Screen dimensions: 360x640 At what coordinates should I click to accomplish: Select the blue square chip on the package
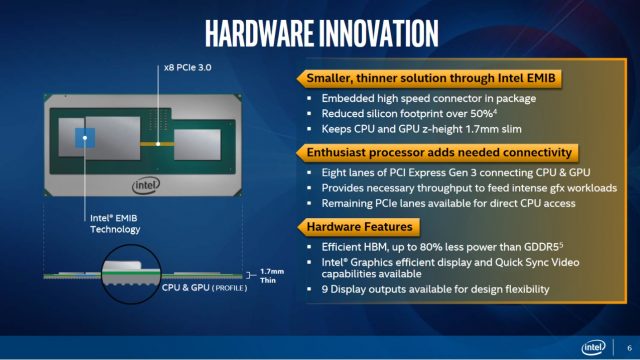pos(84,139)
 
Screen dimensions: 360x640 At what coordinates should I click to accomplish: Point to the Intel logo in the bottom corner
pos(594,346)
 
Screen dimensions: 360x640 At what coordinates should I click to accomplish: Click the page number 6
pos(626,347)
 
